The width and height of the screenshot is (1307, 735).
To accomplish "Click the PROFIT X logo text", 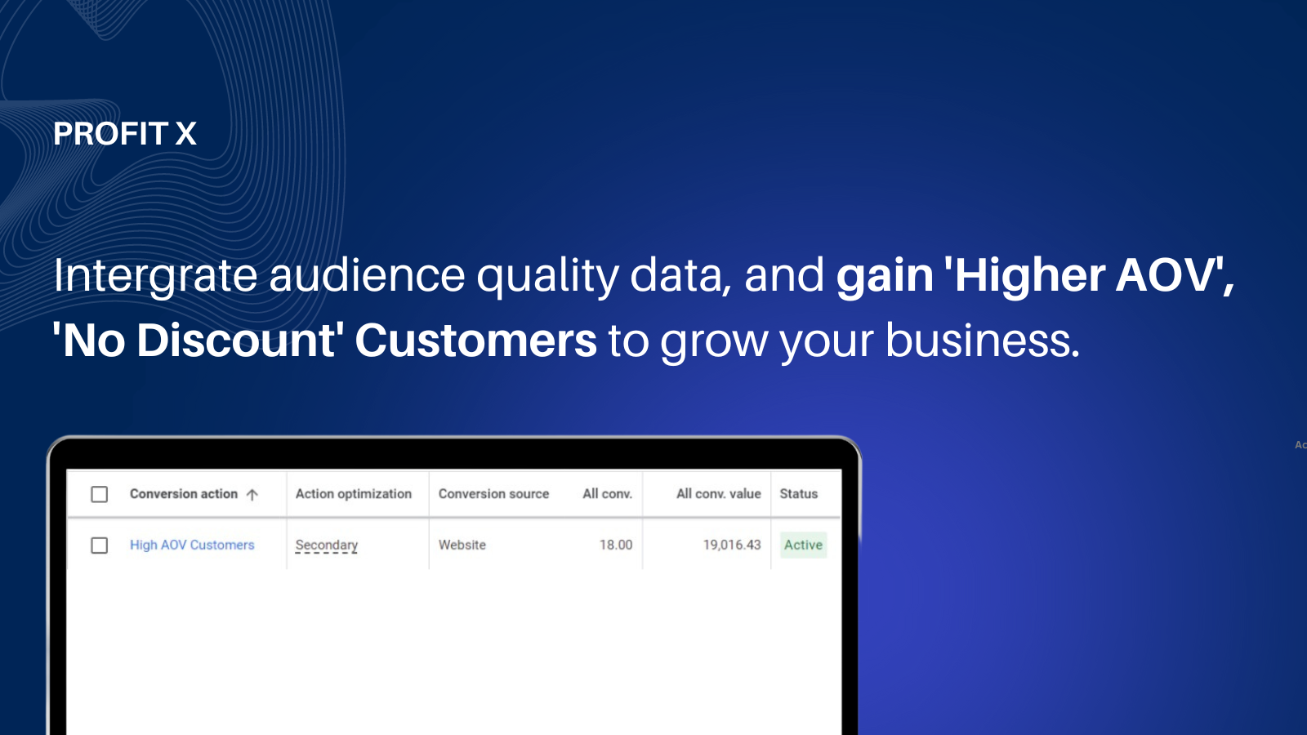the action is coord(125,134).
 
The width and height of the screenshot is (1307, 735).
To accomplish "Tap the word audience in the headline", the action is coord(367,274).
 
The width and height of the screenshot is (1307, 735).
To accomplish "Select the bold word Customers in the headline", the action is coord(476,340).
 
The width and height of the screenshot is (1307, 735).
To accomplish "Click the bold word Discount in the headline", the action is coord(236,340).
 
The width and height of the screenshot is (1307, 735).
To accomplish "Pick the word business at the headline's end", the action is coord(983,340).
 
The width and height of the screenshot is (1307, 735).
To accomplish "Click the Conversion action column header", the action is coord(183,494).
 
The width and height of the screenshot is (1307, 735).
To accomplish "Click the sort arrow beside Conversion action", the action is coord(252,495).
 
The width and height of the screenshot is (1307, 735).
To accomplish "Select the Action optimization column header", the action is coord(354,494).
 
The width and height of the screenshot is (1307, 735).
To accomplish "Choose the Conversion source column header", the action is coord(493,494).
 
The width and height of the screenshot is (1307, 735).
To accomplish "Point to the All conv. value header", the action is coord(719,494).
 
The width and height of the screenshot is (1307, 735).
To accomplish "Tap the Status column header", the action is coord(799,494).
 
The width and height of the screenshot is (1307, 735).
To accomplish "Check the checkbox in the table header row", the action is coord(99,495).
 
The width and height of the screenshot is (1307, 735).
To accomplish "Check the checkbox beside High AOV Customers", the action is coord(99,546).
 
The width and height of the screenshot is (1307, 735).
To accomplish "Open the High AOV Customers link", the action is coord(192,545).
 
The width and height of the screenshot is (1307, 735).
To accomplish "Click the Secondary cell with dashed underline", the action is coord(326,546).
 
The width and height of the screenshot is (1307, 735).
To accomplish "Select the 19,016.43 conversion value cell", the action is coord(732,545).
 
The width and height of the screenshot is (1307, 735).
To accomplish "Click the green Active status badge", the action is coord(804,545).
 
